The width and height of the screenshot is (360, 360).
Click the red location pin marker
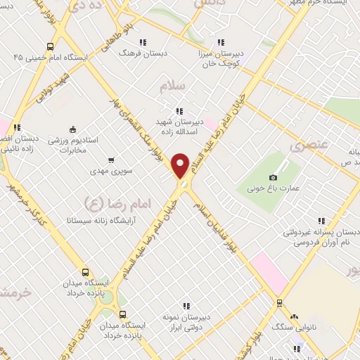tap(181, 166)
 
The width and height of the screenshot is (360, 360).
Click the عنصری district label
tap(304, 146)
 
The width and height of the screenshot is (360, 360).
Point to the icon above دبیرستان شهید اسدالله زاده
tap(179, 110)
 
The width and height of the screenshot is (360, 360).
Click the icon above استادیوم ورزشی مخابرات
tap(72, 129)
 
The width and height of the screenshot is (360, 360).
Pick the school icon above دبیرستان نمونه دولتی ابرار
tap(186, 305)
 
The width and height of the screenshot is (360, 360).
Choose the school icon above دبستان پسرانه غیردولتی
tap(322, 221)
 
